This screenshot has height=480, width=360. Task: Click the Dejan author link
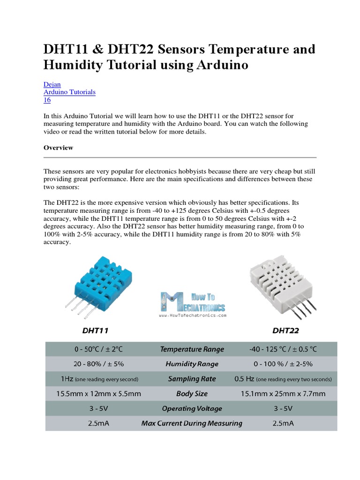click(x=52, y=84)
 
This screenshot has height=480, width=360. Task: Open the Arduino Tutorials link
click(x=69, y=92)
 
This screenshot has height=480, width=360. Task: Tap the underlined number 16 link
click(x=47, y=100)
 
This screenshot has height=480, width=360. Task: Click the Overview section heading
click(x=58, y=148)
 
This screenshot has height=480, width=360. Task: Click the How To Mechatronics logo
click(x=193, y=304)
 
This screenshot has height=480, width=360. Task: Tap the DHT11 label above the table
click(x=95, y=330)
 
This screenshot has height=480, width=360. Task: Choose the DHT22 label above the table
click(x=285, y=330)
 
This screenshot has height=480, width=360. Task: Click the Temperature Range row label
click(x=192, y=349)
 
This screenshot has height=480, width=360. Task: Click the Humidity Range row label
click(x=192, y=364)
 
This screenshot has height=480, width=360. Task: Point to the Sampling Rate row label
click(x=192, y=379)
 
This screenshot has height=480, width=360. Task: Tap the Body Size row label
click(x=192, y=394)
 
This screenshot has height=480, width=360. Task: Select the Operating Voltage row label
click(x=192, y=408)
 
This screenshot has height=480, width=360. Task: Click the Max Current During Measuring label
click(x=192, y=423)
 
